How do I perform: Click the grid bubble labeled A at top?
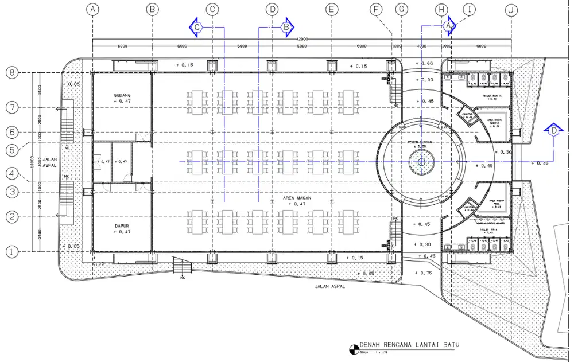click(x=92, y=9)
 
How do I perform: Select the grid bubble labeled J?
click(x=510, y=9)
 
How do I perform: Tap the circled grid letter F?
click(x=377, y=9)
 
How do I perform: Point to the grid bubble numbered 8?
click(x=13, y=73)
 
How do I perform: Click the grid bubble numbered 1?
click(x=13, y=251)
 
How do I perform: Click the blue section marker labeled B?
click(x=287, y=26)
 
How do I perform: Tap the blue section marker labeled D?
click(x=553, y=131)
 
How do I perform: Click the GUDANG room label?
click(x=122, y=95)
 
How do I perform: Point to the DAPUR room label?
click(x=122, y=226)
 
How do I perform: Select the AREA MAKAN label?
click(x=297, y=198)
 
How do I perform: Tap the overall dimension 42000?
click(x=302, y=39)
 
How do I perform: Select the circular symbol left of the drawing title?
click(x=352, y=348)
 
